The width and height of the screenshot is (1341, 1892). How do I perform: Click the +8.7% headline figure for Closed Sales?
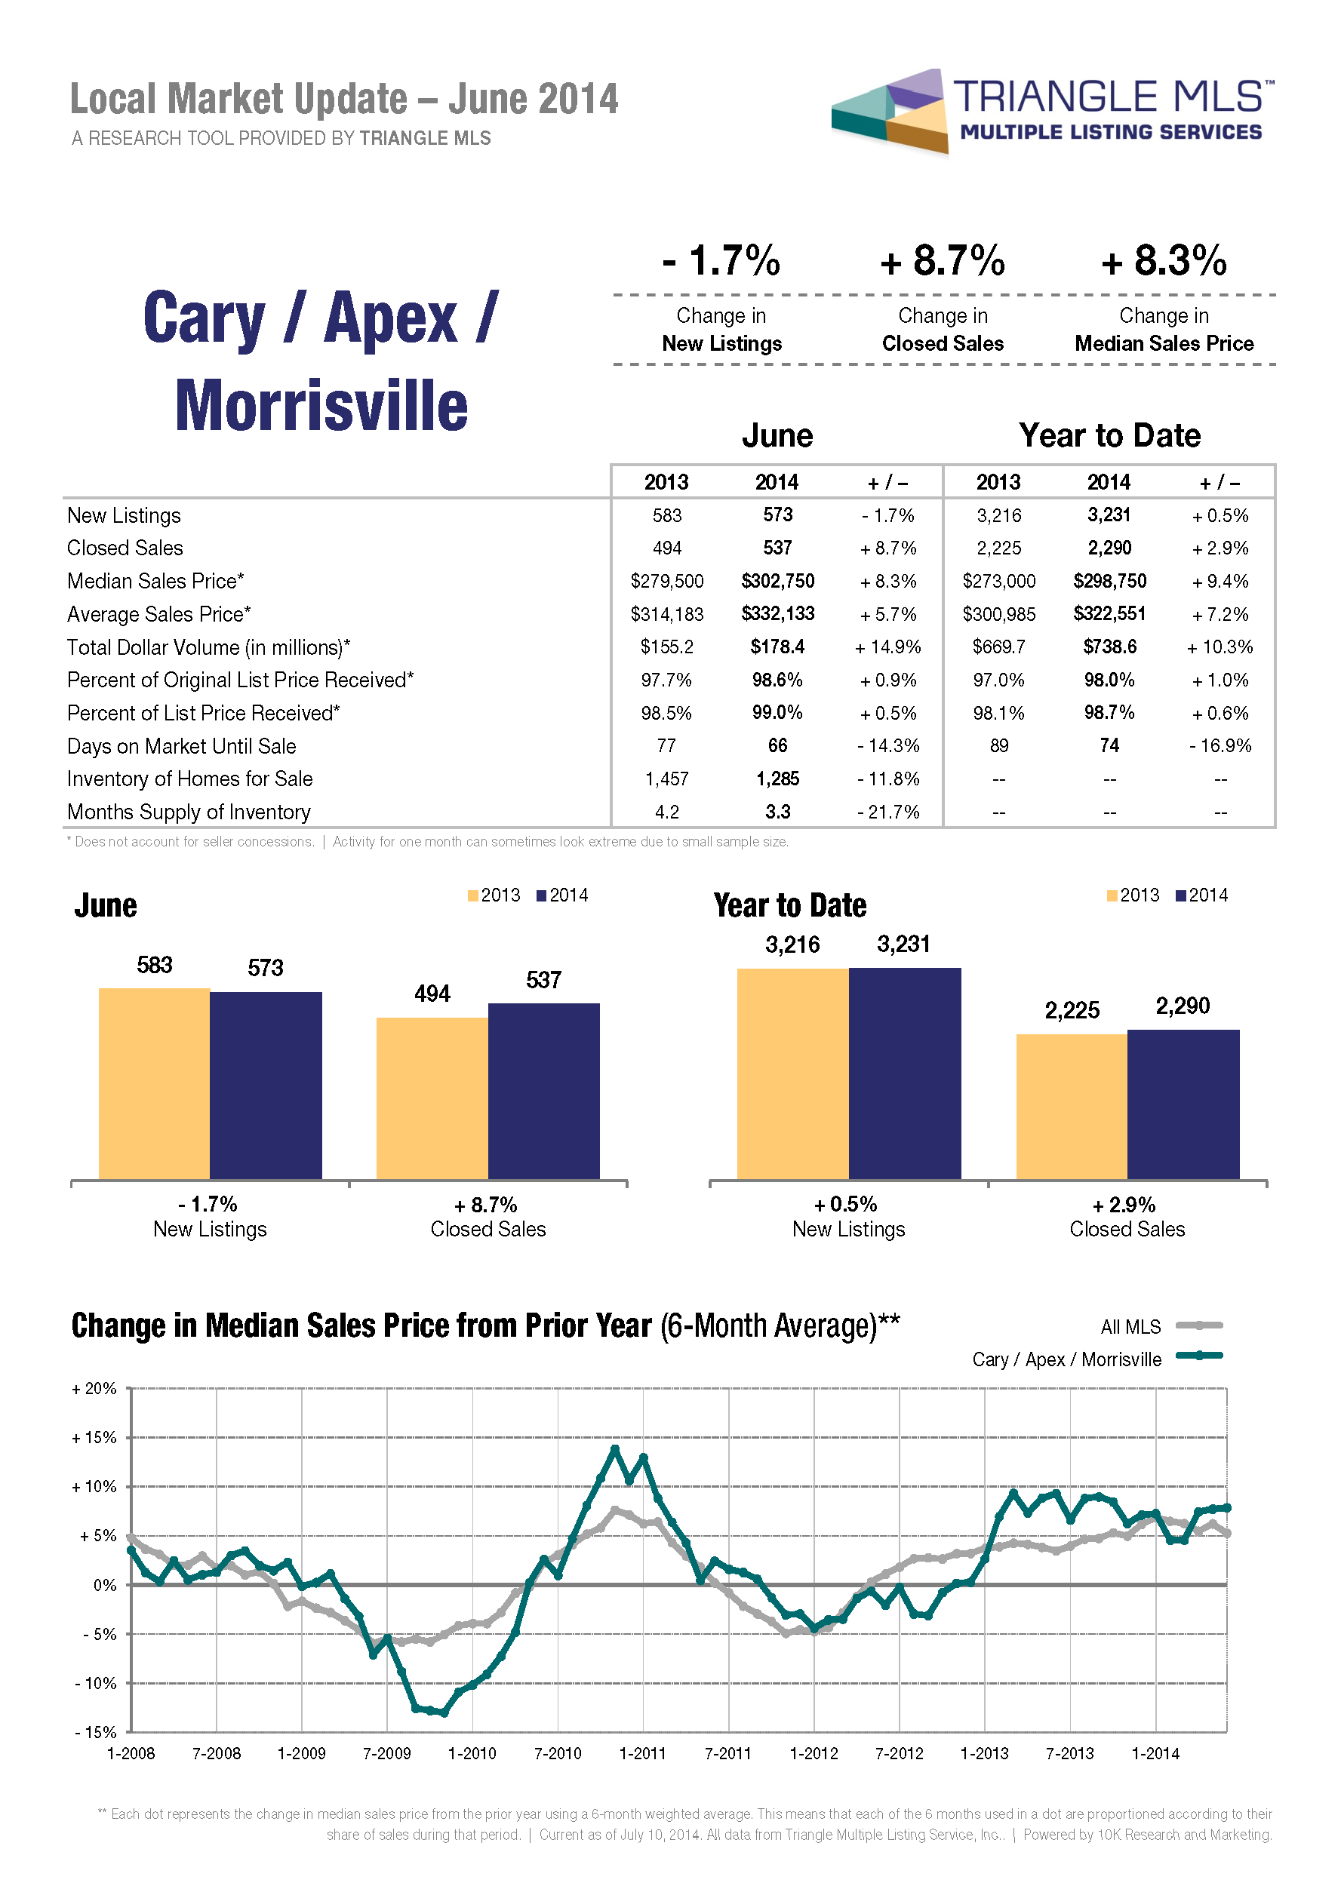942,261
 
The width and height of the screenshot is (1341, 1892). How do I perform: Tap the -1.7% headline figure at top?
721,261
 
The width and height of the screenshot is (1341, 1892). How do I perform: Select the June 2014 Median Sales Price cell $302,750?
777,581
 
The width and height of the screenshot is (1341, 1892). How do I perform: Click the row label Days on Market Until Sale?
181,746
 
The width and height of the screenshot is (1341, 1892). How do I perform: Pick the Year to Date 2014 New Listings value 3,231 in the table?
1109,515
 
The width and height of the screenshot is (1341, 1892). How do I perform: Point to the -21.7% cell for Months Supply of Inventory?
887,812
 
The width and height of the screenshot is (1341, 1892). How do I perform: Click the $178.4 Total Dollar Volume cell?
777,647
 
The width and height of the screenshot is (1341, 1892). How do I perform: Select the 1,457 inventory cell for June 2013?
666,779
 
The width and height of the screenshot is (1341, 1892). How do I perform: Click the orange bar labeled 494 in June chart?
432,1098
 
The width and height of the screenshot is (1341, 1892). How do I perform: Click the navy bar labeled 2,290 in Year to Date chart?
1183,1104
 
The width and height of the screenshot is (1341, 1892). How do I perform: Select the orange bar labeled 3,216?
792,1073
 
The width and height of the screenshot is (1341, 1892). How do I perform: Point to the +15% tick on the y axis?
94,1438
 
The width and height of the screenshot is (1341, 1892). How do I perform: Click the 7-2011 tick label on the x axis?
727,1753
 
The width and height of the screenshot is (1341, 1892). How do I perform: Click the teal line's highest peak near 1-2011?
615,1448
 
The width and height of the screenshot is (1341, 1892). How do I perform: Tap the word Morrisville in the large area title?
321,406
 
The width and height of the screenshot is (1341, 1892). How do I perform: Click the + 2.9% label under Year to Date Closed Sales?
1127,1206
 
